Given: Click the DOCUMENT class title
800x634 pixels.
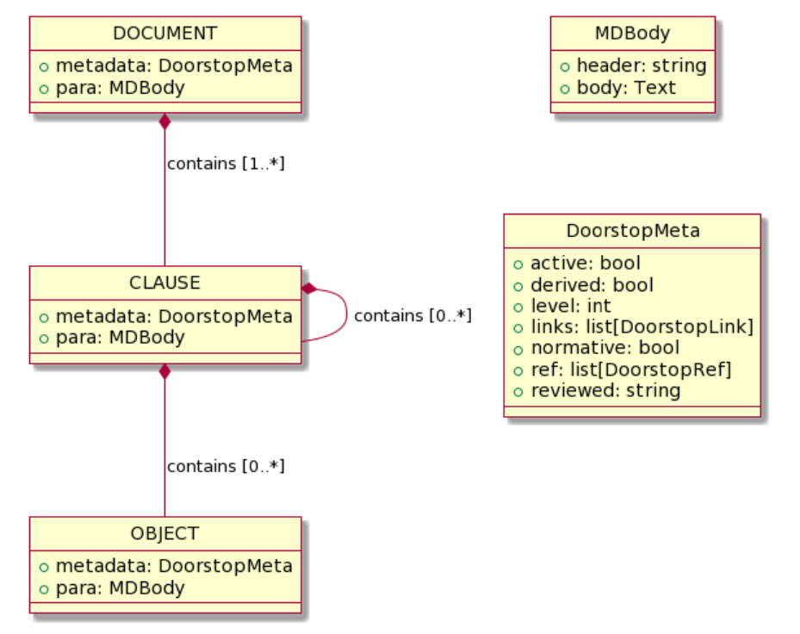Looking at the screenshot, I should point(164,34).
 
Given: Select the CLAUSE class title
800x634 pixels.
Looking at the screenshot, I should point(164,283).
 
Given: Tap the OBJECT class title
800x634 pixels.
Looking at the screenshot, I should point(164,533).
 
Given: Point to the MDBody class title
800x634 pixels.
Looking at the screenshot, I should point(632,34).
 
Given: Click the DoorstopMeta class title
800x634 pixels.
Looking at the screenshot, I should point(632,231).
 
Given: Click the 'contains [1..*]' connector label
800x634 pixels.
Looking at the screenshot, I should point(226,164).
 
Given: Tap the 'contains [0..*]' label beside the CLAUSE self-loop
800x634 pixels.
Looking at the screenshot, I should point(412,316).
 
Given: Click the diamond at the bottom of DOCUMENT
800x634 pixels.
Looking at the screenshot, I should point(164,121).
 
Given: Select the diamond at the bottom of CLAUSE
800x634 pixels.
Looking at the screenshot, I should point(164,372).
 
